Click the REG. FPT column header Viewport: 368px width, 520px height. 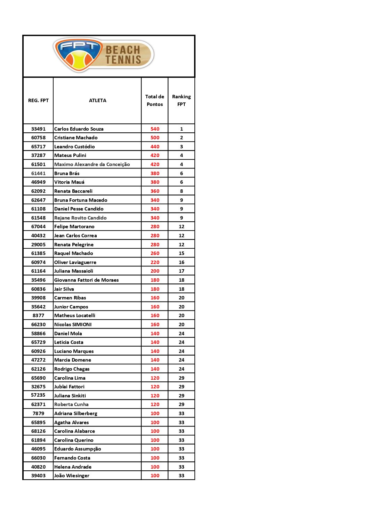pos(38,100)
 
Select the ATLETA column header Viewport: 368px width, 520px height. pos(97,100)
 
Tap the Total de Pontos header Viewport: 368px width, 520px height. pos(155,100)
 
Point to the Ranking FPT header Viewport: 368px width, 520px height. pos(181,100)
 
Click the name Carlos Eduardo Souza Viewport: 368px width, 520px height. pos(79,129)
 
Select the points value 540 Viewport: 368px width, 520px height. pos(155,129)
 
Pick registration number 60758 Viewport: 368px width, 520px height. pos(38,138)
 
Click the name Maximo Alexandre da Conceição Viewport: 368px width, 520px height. pos(92,164)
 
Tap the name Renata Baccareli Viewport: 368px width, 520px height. pos(73,191)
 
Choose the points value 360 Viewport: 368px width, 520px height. pos(155,191)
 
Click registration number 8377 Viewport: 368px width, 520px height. pos(38,315)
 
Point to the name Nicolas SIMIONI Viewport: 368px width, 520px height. pos(73,324)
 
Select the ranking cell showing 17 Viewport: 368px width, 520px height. pos(181,271)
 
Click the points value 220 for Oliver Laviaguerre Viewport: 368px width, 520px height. pos(155,262)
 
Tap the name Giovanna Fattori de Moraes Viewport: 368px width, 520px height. pos(87,280)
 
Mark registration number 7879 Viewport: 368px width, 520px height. pos(38,413)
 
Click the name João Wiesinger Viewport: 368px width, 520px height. pos(72,476)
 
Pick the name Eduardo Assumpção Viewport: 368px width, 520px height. pos(78,449)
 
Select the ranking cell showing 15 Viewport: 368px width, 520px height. pos(181,253)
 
